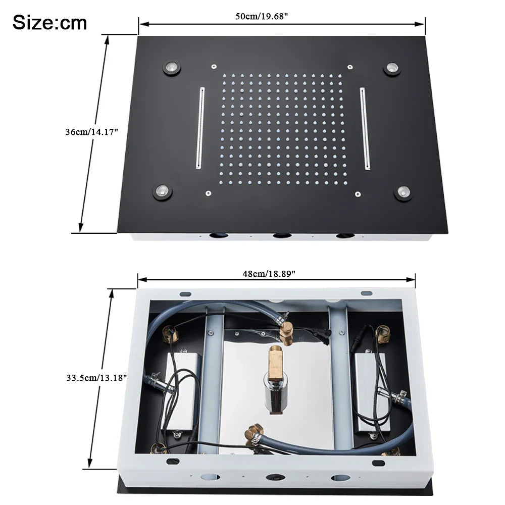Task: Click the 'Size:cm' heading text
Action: tap(49, 23)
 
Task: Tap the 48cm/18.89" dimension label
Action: tap(269, 273)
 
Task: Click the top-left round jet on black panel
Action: tap(172, 68)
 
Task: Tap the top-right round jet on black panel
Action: tap(392, 68)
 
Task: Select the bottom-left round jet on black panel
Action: tap(163, 191)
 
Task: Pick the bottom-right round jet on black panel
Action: tap(403, 192)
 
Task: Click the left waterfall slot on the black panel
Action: tap(200, 128)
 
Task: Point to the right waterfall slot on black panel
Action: tap(365, 128)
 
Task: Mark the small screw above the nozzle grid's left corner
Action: tap(214, 66)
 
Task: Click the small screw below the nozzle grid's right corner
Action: tap(358, 193)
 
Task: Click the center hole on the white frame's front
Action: tap(276, 477)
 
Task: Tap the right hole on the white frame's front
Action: tap(339, 477)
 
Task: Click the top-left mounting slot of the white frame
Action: tap(185, 293)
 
